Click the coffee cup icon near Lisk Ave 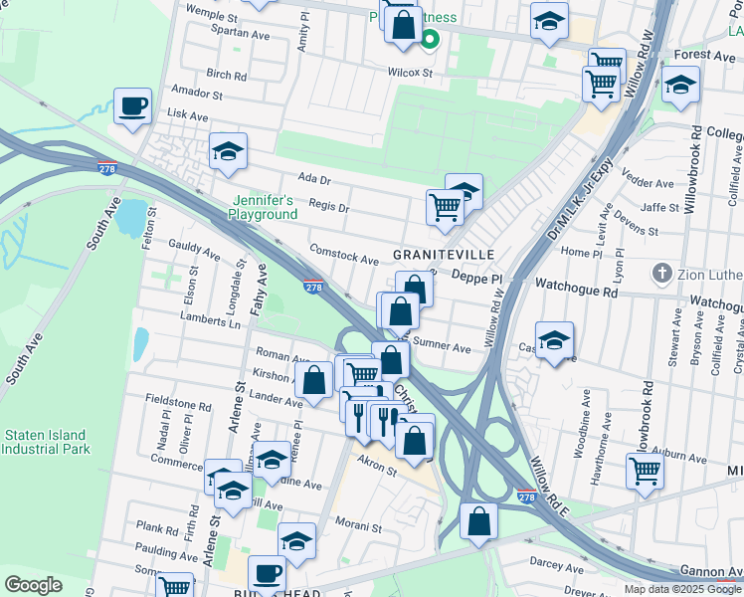point(132,106)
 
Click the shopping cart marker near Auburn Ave point(645,470)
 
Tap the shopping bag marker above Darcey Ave point(479,520)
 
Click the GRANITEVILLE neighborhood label point(444,255)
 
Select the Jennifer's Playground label point(263,207)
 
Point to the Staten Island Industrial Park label point(47,442)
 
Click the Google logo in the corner point(33,585)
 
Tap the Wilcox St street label point(410,73)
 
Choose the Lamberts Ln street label point(210,321)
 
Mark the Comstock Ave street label point(344,255)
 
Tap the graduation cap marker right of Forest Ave point(680,86)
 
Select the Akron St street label point(377,467)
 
